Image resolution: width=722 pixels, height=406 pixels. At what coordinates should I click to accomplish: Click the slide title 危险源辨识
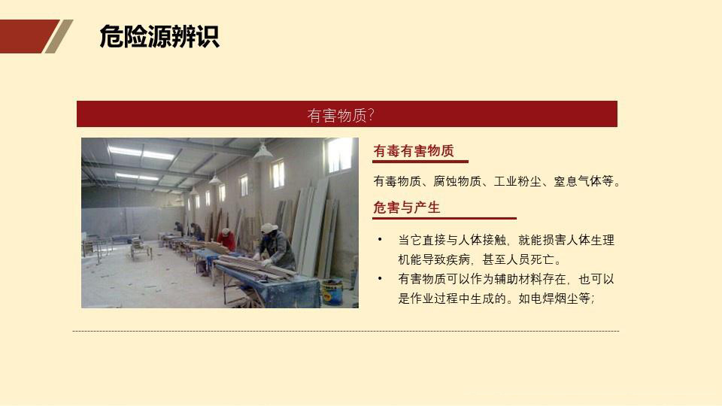point(159,36)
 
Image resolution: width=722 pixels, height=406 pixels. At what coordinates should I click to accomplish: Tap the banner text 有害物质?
point(341,115)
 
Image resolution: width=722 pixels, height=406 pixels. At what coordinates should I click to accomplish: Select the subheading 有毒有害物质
point(414,151)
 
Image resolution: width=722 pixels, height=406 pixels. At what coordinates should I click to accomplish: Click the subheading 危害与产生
point(407,208)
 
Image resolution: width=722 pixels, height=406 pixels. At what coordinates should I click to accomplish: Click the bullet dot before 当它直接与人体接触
point(381,240)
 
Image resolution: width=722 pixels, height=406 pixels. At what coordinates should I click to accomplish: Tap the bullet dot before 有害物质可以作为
point(381,279)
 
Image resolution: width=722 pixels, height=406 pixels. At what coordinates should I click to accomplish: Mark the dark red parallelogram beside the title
point(29,36)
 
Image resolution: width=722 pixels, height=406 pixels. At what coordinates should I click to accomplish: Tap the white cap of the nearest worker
point(268,227)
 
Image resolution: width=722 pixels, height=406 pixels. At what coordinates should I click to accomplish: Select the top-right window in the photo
point(339,155)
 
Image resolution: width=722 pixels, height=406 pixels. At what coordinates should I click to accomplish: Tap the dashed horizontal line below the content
point(346,331)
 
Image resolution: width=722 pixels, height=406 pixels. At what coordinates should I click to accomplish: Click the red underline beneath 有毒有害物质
point(420,162)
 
